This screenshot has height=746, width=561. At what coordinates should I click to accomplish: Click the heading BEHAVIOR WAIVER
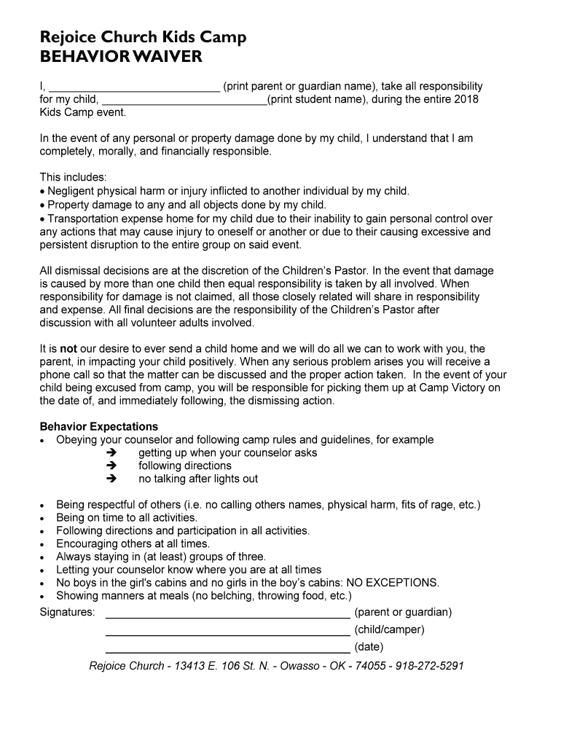[x=121, y=58]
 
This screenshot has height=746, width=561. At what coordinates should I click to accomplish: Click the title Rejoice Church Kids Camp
[x=143, y=37]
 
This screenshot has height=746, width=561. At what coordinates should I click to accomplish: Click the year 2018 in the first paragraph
[x=466, y=99]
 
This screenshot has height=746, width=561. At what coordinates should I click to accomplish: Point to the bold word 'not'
[x=68, y=349]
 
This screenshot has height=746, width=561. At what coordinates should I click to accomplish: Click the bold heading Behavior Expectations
[x=98, y=427]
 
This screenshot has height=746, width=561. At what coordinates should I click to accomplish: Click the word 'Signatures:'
[x=67, y=612]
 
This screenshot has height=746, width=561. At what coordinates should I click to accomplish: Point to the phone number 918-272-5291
[x=430, y=666]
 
